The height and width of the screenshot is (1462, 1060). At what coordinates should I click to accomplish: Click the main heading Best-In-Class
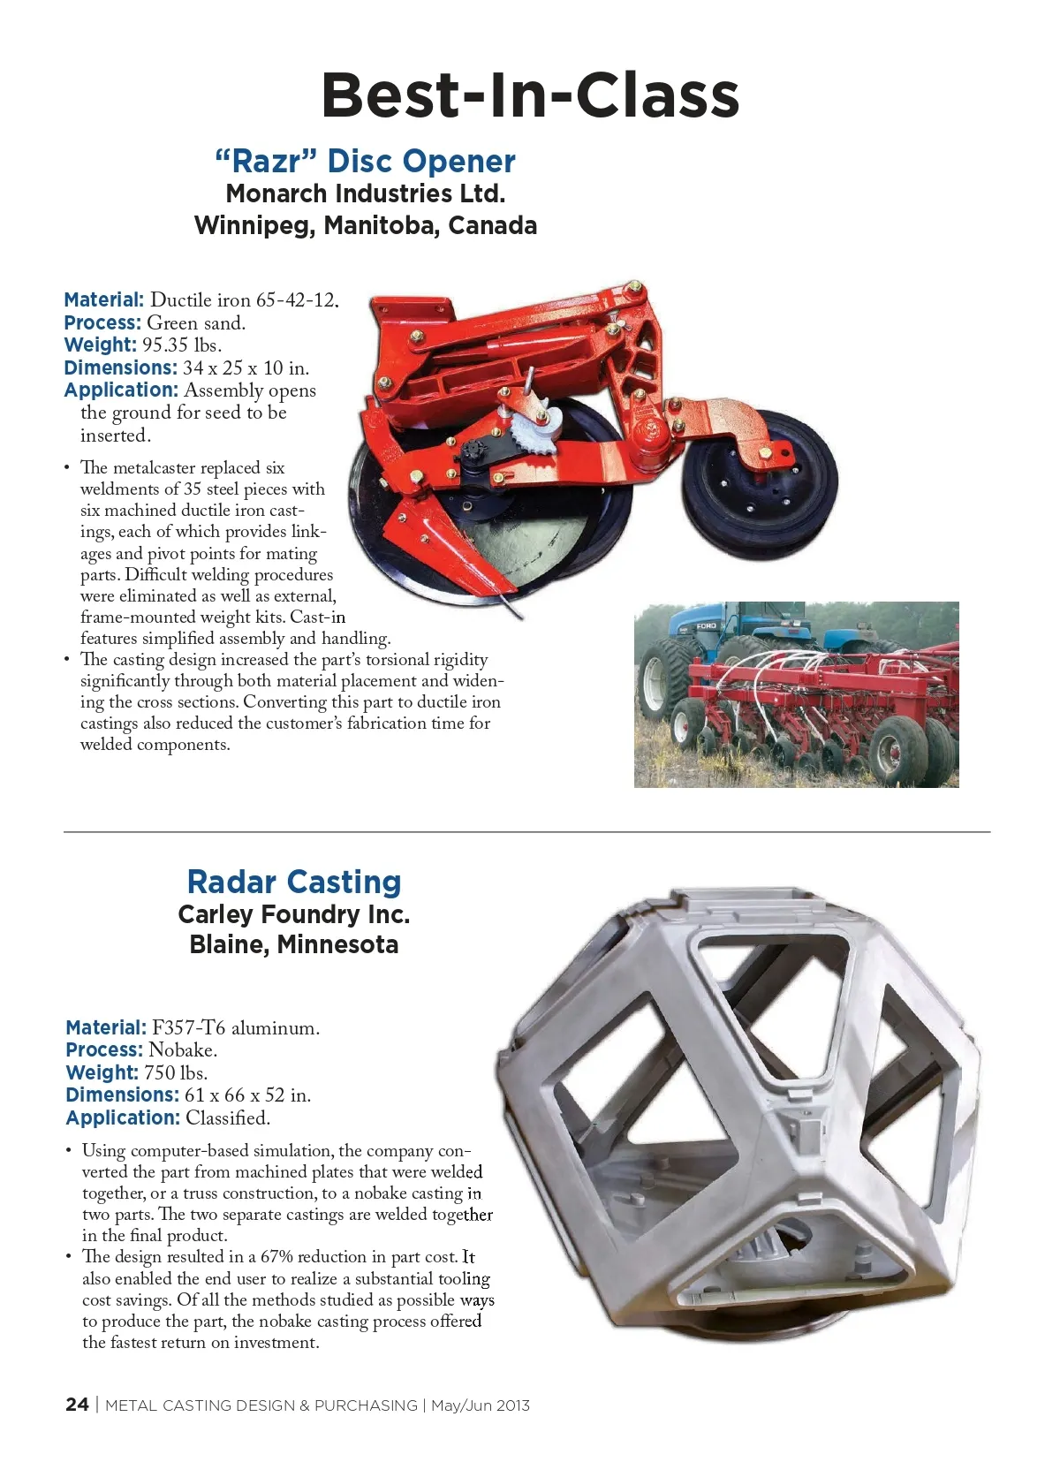coord(530,95)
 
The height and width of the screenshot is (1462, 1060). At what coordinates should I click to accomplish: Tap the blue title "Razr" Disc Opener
coord(365,161)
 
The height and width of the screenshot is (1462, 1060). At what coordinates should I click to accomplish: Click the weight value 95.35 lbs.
coord(181,345)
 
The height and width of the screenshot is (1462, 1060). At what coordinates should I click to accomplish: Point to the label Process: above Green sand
coord(102,323)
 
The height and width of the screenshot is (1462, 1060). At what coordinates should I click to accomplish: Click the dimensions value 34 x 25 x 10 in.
coord(246,368)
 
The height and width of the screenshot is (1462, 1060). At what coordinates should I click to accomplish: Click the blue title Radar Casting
coord(294,882)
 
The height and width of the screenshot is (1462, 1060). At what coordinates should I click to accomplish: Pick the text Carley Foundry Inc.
coord(294,914)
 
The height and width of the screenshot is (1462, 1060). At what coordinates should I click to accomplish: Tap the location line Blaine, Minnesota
coord(294,944)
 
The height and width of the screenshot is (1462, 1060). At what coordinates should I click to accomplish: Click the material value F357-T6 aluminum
coord(236,1028)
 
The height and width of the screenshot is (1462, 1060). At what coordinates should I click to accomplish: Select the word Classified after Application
coord(227,1118)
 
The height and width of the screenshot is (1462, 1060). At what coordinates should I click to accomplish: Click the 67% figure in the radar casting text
coord(276,1257)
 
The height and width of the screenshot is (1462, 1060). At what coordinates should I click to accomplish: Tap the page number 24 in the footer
coord(77,1405)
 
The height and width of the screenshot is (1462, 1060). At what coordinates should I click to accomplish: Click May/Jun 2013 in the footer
coord(481,1405)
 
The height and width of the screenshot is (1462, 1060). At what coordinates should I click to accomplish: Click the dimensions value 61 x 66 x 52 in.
coord(247,1095)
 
